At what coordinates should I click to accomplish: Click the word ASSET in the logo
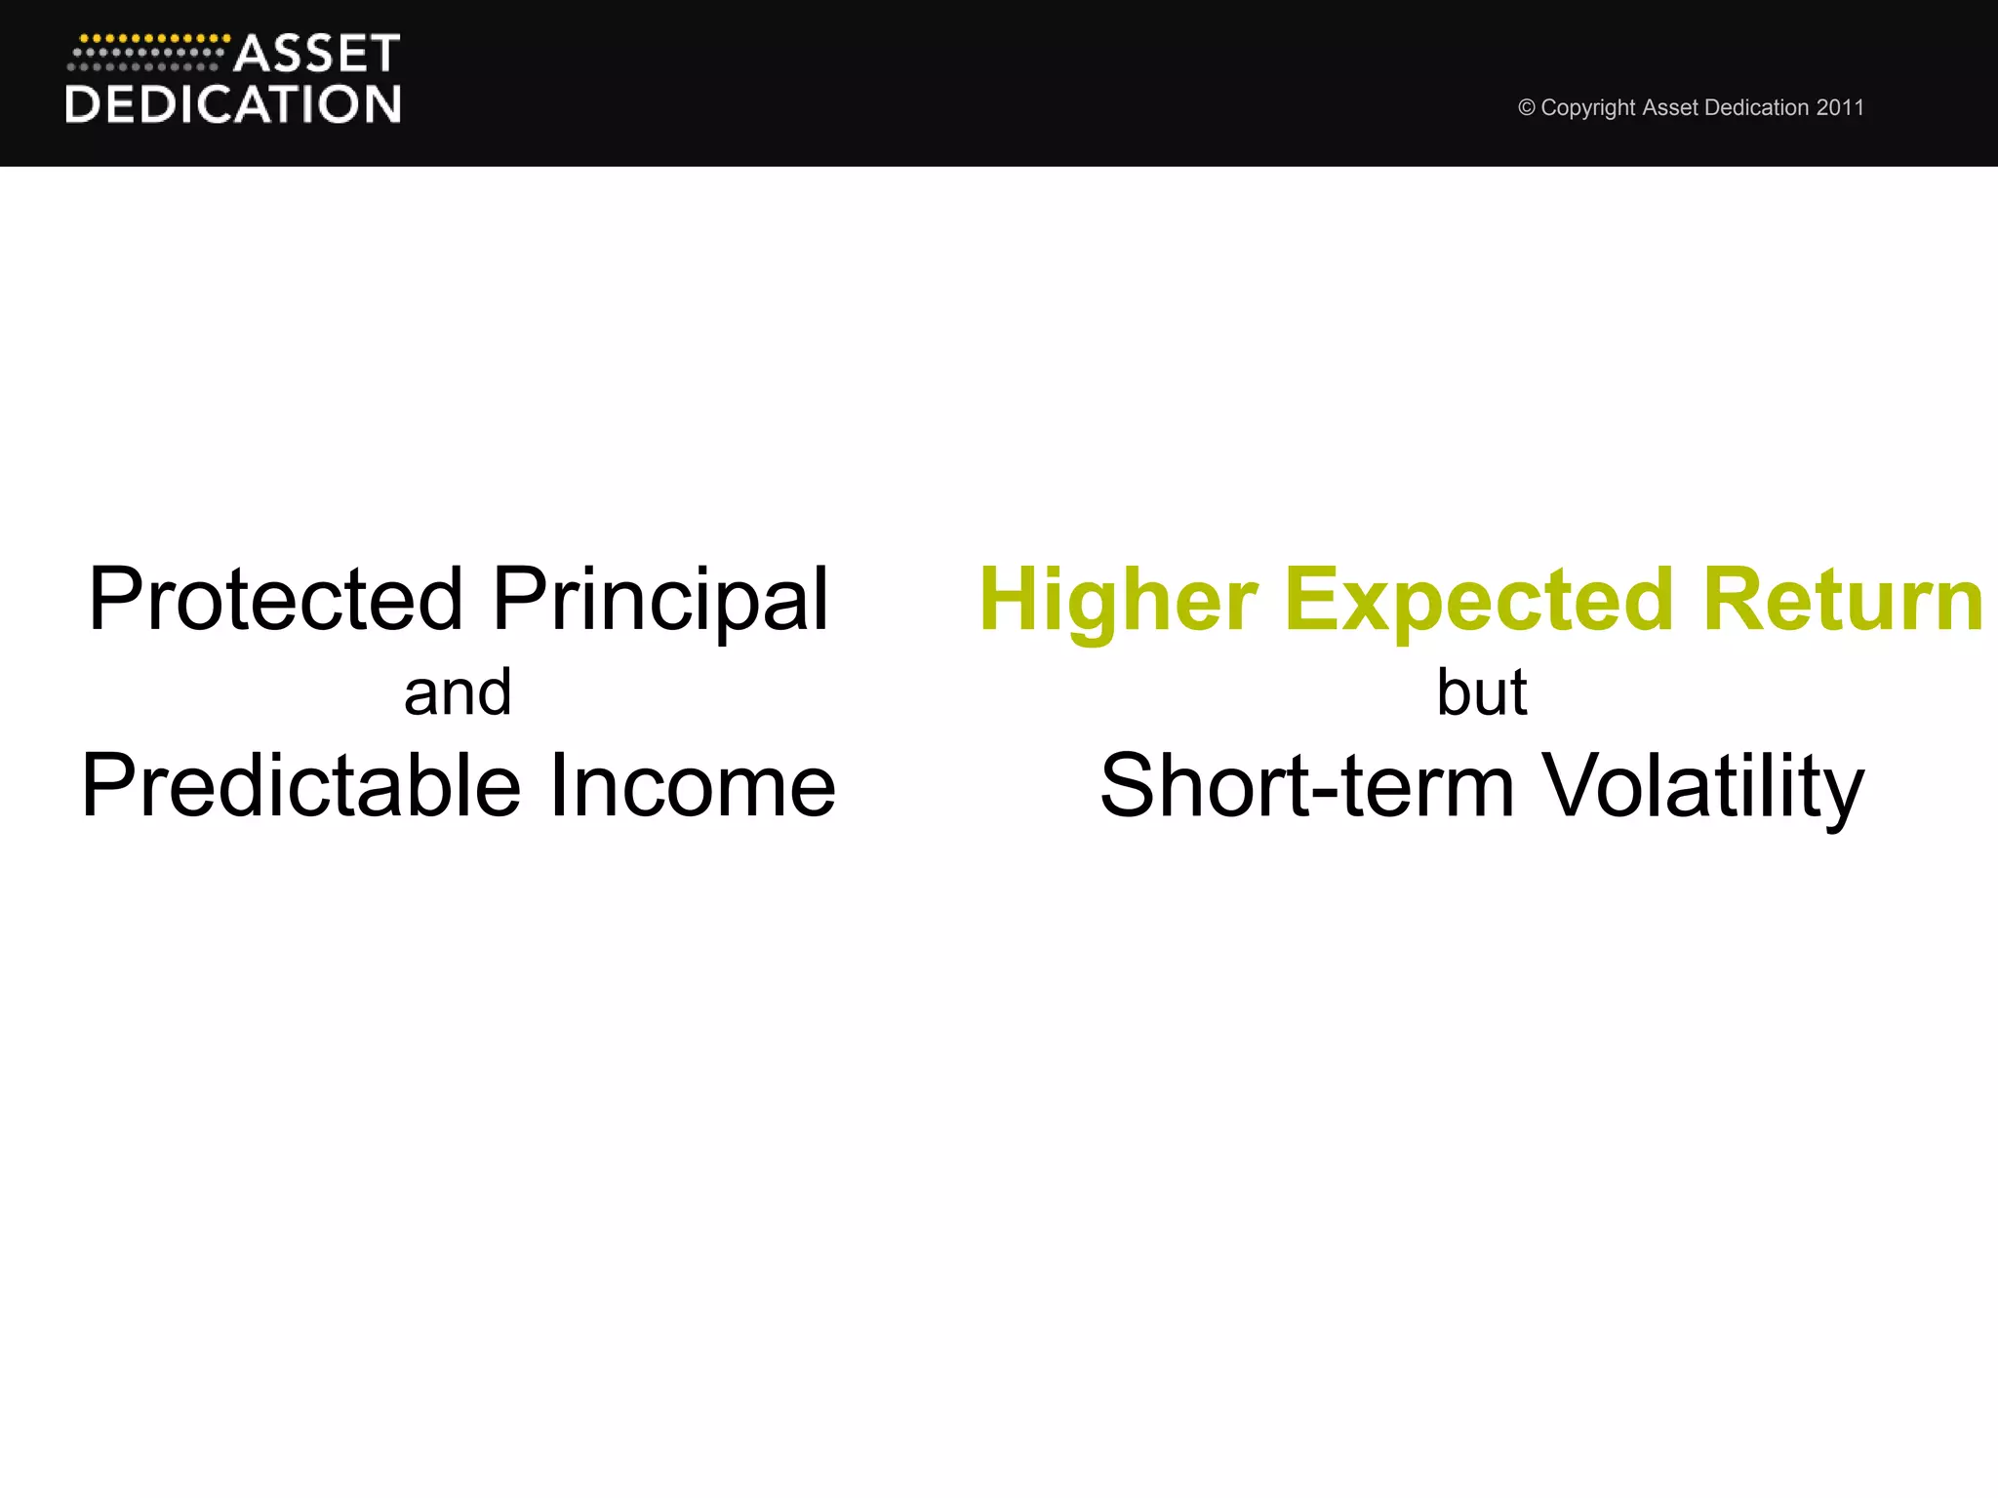tap(317, 54)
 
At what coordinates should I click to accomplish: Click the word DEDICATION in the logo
tap(233, 104)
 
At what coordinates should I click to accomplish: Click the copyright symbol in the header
tap(1527, 108)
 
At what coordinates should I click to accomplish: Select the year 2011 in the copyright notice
tap(1840, 107)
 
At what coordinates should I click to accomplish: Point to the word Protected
tap(275, 599)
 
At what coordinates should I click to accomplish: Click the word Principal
tap(660, 599)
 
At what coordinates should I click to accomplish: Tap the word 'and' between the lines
tap(458, 692)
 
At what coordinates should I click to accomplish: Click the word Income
tap(693, 785)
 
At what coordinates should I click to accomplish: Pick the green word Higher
tap(1118, 599)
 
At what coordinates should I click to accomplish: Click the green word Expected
tap(1479, 599)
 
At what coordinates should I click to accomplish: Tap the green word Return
tap(1843, 599)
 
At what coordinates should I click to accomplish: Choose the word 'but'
tap(1481, 692)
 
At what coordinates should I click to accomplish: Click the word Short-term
tap(1307, 785)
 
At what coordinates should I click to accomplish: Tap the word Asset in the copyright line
tap(1669, 107)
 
